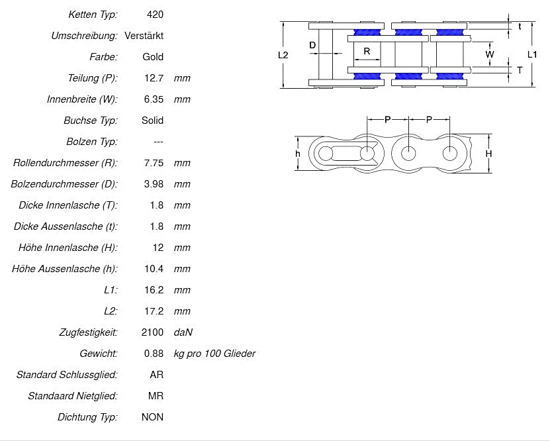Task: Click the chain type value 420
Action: point(155,14)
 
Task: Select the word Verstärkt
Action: point(144,35)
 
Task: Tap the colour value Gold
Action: point(153,56)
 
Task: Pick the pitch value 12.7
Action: point(154,78)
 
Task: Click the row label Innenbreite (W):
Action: point(82,99)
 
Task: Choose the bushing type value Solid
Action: point(152,121)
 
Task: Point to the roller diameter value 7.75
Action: point(154,163)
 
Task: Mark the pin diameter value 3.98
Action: point(154,184)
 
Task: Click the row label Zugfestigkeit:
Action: point(87,332)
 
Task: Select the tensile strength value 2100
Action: point(153,332)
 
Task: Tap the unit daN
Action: point(183,332)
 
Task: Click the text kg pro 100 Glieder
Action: point(214,354)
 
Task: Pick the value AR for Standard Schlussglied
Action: point(157,375)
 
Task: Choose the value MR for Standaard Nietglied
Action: point(156,396)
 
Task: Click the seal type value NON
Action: point(152,417)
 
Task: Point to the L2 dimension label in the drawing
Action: point(283,56)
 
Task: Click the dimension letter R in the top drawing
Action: point(367,51)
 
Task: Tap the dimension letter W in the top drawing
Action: point(490,54)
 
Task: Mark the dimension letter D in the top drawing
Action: point(312,45)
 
